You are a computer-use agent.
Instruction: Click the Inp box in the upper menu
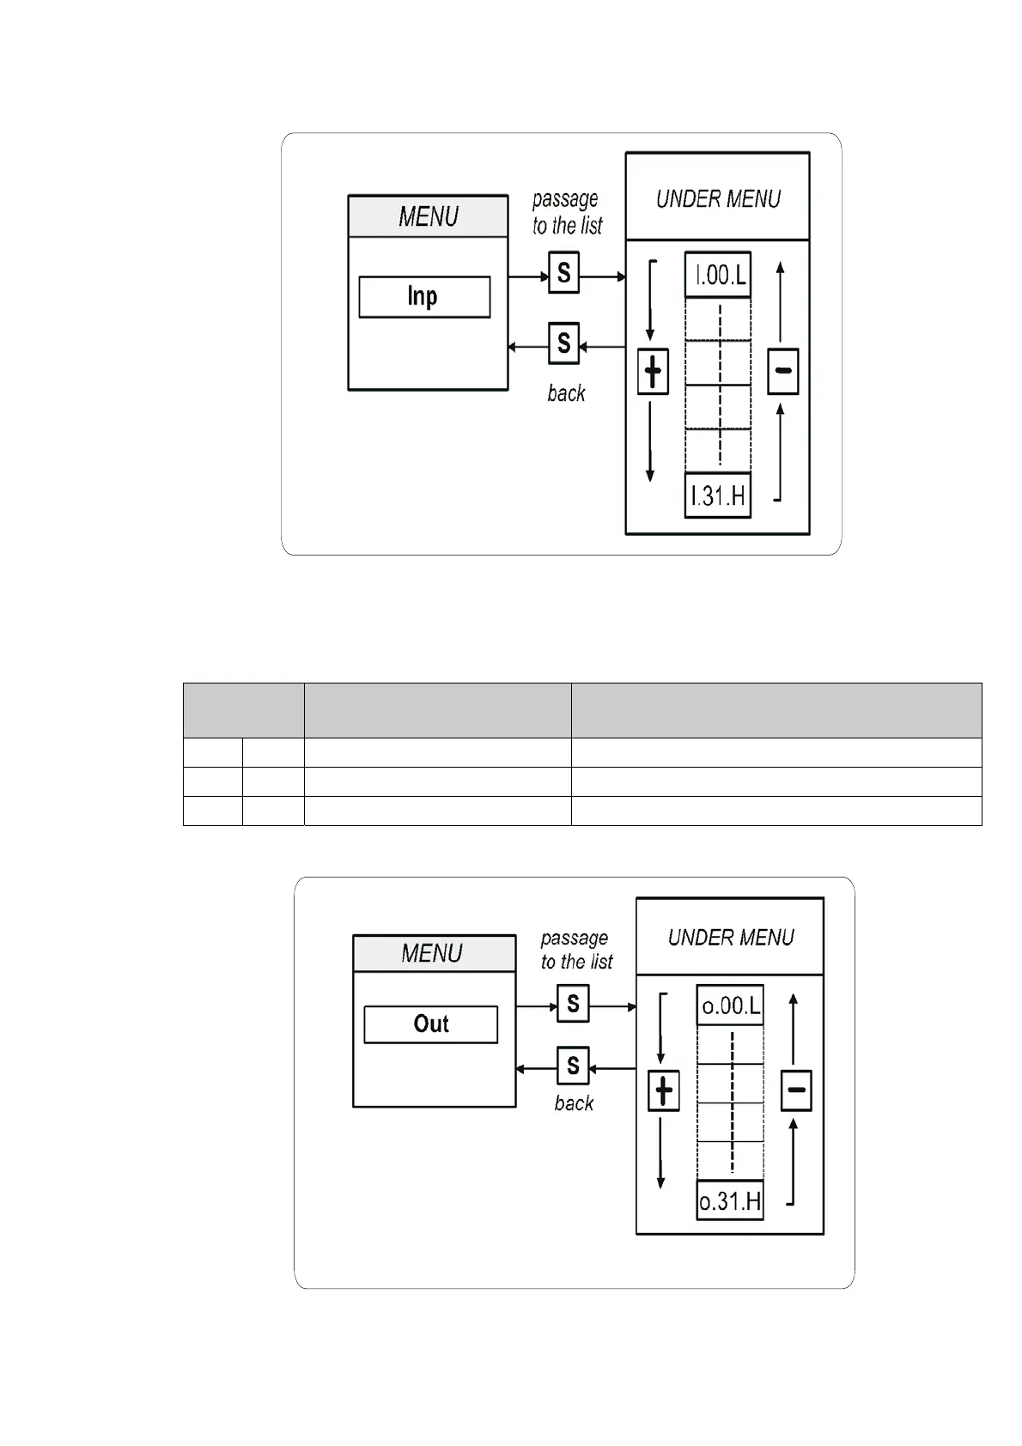(x=424, y=297)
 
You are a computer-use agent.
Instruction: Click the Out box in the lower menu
(x=430, y=1024)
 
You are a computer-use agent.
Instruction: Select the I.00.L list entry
(x=718, y=275)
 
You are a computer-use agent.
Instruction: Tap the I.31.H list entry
(x=718, y=495)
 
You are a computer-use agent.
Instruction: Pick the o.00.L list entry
(x=730, y=1005)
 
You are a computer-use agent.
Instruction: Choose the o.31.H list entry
(x=730, y=1200)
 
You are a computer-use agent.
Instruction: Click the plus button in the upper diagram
(x=653, y=372)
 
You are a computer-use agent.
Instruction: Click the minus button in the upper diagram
(x=783, y=372)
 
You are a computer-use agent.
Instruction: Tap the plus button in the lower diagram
(x=663, y=1091)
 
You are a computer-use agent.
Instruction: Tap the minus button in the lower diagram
(x=796, y=1091)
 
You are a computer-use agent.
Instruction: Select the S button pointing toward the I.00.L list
(x=563, y=273)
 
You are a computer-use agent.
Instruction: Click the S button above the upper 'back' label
(x=563, y=343)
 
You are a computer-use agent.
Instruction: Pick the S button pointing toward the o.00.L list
(x=573, y=1003)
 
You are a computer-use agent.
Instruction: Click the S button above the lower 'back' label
(x=573, y=1066)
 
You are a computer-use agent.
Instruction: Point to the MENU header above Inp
(x=428, y=216)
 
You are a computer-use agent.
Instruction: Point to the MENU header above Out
(x=433, y=953)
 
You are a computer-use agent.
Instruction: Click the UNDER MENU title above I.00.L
(x=718, y=198)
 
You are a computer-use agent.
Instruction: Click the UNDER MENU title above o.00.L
(x=731, y=937)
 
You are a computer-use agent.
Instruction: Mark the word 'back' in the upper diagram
(x=566, y=393)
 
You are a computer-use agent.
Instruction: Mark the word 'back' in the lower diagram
(x=574, y=1103)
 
